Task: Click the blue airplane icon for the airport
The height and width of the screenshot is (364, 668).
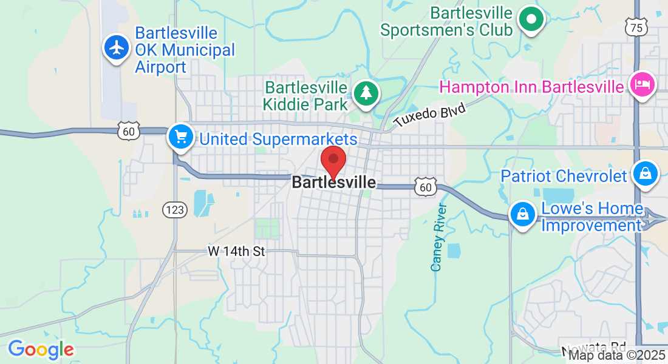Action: click(x=115, y=47)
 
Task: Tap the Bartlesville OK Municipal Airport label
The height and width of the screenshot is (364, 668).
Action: click(x=185, y=50)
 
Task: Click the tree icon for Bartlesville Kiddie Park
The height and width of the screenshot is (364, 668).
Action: click(x=366, y=93)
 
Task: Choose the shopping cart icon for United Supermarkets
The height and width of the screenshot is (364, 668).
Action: click(x=180, y=136)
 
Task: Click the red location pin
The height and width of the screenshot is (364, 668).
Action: click(x=333, y=160)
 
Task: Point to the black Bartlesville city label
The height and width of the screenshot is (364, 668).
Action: click(x=333, y=183)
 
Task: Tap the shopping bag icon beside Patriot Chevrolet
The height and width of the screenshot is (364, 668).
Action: click(x=645, y=174)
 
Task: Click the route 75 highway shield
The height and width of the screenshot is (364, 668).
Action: click(x=635, y=27)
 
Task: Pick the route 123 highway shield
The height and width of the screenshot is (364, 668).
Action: click(x=174, y=210)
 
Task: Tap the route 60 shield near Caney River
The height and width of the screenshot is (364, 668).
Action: click(x=426, y=187)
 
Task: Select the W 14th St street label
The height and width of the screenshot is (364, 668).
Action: click(x=236, y=251)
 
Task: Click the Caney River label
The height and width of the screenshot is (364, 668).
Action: click(x=438, y=237)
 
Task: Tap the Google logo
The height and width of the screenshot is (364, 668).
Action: click(x=41, y=349)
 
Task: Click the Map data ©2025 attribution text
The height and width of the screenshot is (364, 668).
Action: click(x=616, y=356)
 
